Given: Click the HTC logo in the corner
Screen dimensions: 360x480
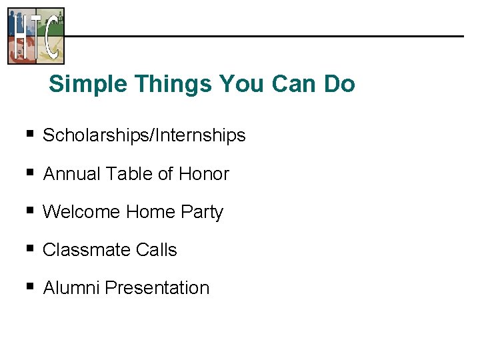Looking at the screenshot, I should pos(36,35).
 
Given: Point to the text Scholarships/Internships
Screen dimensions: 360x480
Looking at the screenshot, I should pos(144,135).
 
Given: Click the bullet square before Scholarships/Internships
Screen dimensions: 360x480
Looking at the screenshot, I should pos(29,135).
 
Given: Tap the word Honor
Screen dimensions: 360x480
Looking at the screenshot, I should pos(204,174).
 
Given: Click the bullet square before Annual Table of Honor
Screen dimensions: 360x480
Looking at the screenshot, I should pos(29,173).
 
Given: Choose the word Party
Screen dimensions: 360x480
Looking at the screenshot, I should pos(202,212).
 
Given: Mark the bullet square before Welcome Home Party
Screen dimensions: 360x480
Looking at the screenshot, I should pos(29,211).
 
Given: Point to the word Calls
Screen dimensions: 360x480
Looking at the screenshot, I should pos(156,250).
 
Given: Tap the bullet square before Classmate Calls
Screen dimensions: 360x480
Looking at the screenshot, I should pos(29,249).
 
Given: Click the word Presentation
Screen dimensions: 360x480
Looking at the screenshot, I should pos(157,288).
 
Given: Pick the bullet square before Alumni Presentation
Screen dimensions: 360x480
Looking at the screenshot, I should pos(29,287).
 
